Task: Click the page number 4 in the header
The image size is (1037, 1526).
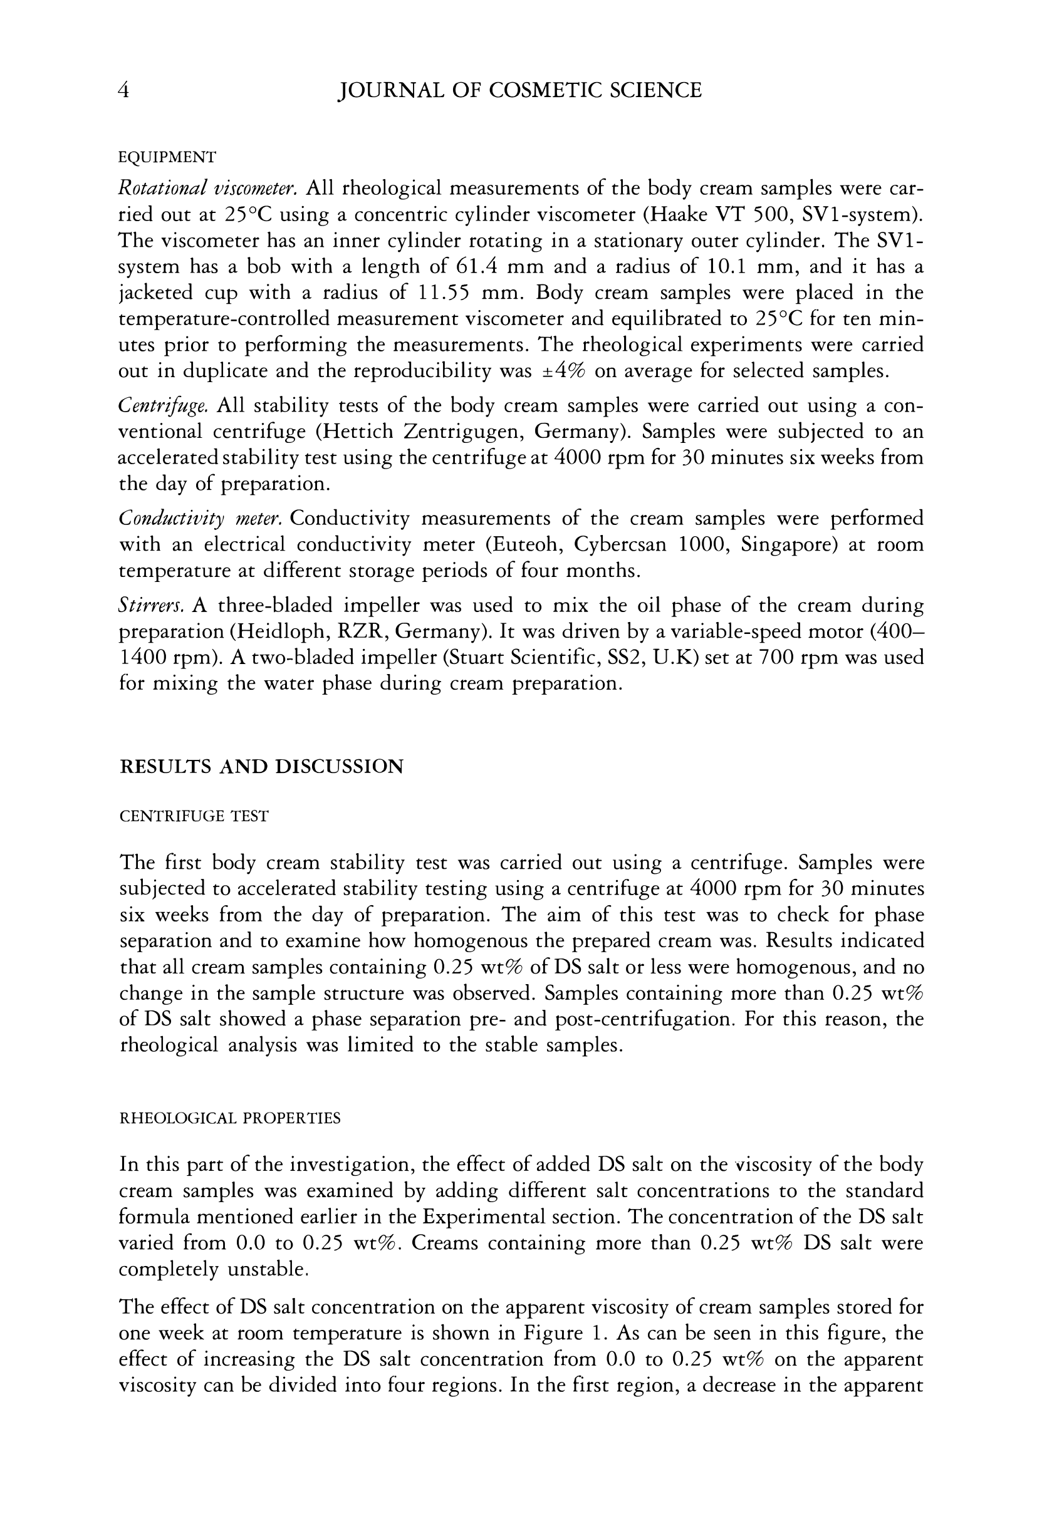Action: tap(123, 90)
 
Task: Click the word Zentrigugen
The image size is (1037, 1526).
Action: tap(463, 432)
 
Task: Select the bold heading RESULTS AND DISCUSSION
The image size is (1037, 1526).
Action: tap(261, 766)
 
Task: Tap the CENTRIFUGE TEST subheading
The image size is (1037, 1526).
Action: tap(194, 816)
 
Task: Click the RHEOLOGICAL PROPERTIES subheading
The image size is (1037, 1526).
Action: tap(230, 1118)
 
